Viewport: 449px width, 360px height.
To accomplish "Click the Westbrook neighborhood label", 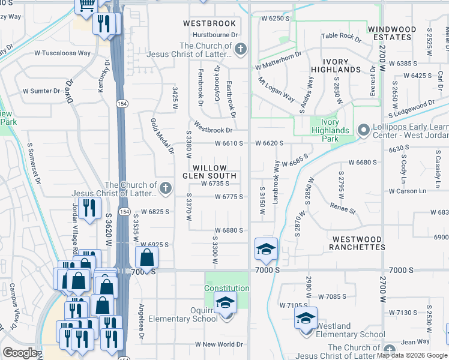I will coord(209,23).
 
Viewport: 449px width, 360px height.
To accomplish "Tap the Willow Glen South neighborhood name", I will coord(209,172).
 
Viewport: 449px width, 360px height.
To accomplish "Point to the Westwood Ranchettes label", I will coord(358,243).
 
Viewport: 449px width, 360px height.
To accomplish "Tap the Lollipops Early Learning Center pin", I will coord(363,130).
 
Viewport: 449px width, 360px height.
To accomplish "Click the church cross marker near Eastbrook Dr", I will coord(240,50).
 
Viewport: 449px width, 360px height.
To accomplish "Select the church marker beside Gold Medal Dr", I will coord(166,189).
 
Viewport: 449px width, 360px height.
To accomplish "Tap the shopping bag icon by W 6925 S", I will coord(146,258).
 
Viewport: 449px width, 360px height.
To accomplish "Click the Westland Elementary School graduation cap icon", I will coord(306,319).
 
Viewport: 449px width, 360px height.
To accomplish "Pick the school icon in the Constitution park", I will coord(226,302).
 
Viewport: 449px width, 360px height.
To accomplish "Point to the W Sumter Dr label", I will coord(41,91).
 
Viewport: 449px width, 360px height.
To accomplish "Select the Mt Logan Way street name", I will coord(276,89).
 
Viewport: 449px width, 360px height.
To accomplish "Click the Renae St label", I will coord(343,208).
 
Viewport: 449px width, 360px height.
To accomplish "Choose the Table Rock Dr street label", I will coord(341,37).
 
